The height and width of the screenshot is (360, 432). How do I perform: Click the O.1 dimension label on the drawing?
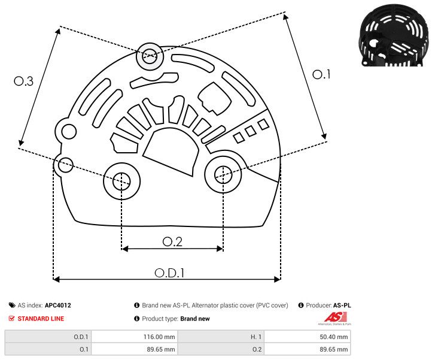[321, 74]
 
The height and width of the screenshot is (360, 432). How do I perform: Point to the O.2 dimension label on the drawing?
[172, 241]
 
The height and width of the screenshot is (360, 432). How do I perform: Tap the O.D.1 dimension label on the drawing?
[169, 273]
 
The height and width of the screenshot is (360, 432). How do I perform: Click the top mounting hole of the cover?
[149, 58]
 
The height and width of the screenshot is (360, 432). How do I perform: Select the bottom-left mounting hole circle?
[121, 180]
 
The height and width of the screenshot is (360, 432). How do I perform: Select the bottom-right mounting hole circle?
[223, 174]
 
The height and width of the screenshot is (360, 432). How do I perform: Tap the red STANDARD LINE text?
[41, 319]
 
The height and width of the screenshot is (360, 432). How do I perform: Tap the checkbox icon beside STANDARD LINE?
[12, 319]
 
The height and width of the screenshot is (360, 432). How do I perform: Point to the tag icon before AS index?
[12, 305]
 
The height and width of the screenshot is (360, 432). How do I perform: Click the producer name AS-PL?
[342, 305]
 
